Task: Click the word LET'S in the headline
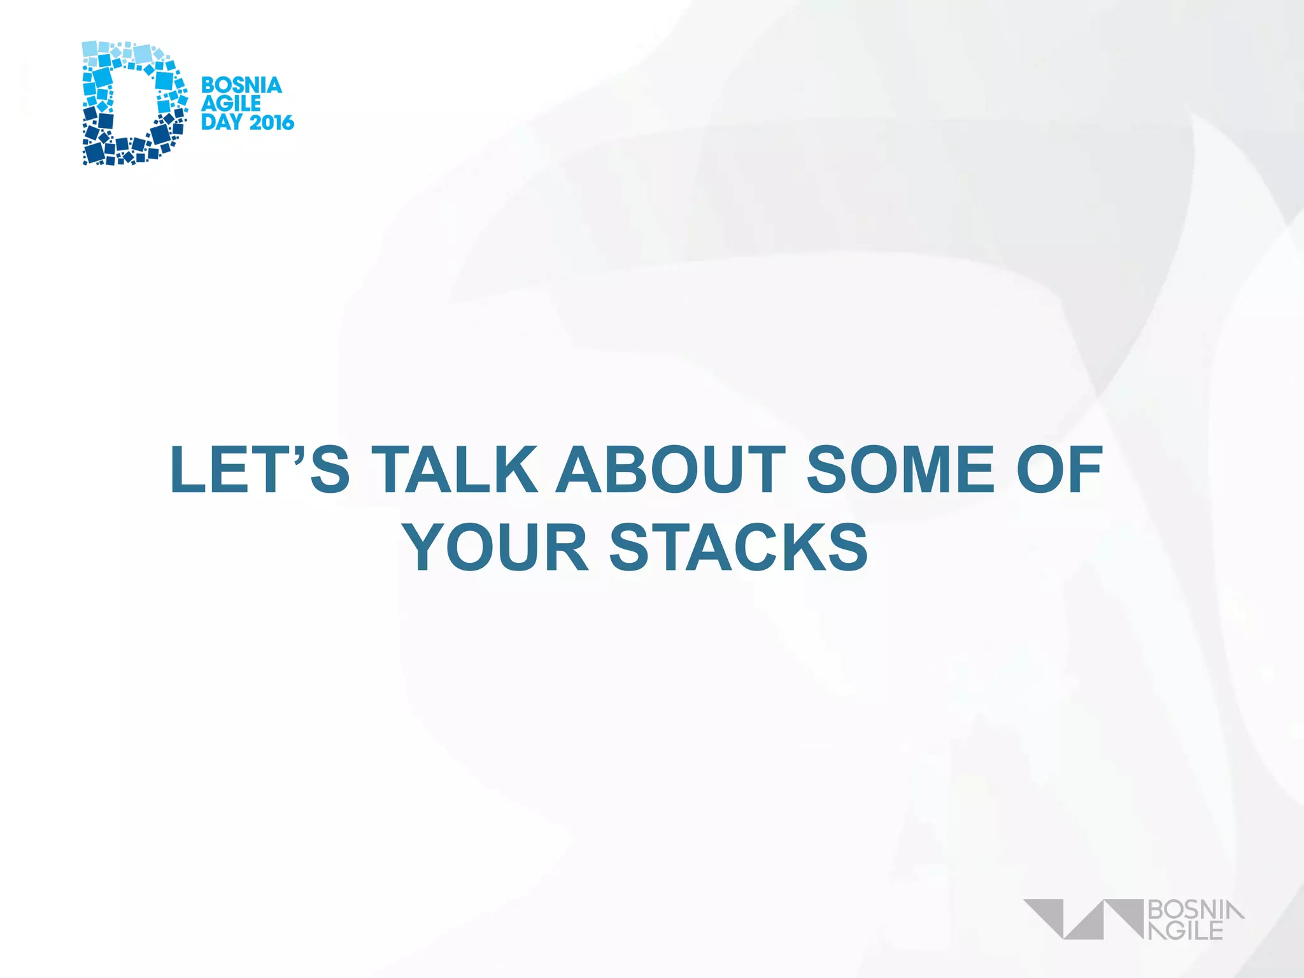click(x=260, y=470)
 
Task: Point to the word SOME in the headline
click(x=900, y=470)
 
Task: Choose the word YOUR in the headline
click(x=496, y=548)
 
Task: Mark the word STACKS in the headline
click(x=739, y=548)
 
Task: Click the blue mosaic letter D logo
click(x=134, y=103)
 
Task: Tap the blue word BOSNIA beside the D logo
click(x=241, y=85)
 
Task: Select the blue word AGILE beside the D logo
click(x=230, y=104)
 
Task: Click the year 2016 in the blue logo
click(x=271, y=122)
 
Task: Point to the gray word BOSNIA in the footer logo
click(x=1195, y=910)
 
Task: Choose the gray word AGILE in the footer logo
click(x=1186, y=930)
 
